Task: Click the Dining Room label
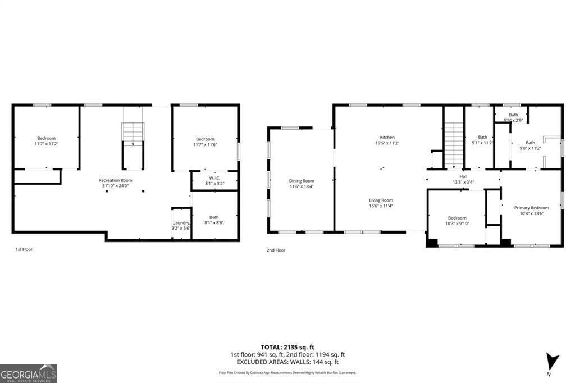click(302, 181)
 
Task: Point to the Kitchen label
click(387, 138)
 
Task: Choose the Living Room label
click(381, 200)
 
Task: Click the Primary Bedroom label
click(531, 208)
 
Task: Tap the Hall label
click(463, 176)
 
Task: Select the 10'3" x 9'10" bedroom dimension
click(457, 224)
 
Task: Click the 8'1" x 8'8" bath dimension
click(214, 223)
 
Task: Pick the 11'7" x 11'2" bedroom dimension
click(47, 144)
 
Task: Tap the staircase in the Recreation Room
click(133, 134)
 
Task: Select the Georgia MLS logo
click(28, 373)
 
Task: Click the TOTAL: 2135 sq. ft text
click(287, 346)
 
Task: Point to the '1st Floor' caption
click(24, 249)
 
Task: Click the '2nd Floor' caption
click(276, 250)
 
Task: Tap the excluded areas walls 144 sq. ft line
click(287, 362)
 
